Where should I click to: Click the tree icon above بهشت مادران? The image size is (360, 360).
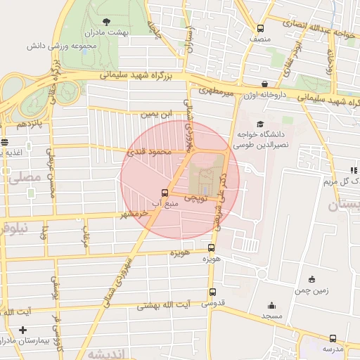106,21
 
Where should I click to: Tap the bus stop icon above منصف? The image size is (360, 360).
261,29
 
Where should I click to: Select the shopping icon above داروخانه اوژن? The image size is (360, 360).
264,83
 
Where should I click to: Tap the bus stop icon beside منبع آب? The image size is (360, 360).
165,193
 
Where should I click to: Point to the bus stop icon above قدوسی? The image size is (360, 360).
212,292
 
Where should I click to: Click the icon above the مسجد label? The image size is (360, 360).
272,305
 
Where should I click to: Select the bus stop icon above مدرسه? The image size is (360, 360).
333,337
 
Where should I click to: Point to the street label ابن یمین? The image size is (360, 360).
155,112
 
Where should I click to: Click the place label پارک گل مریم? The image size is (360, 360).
341,181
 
